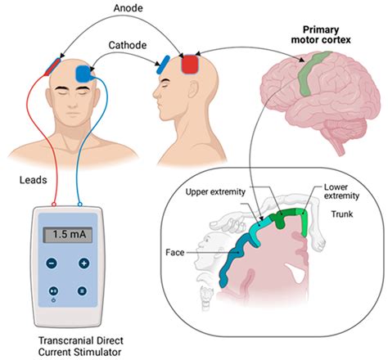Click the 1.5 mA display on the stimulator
(67, 234)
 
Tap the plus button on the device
(83, 263)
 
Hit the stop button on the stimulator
(83, 290)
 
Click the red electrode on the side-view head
(190, 63)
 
